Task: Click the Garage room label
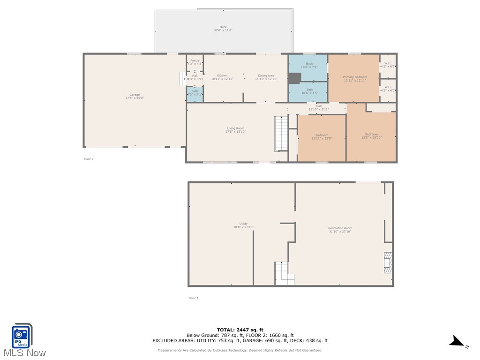coord(135,97)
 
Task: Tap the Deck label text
coord(223,29)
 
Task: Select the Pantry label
coord(195,62)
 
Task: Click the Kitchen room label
coord(222,77)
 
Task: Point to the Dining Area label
coord(266,77)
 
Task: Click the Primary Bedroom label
coord(355,78)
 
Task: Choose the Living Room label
coord(235,130)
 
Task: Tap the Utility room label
coord(243,225)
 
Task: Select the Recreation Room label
coord(340,230)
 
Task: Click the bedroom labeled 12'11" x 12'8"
coord(322,136)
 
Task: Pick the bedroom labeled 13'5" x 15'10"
coord(371,136)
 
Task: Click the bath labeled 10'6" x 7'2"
coord(309,65)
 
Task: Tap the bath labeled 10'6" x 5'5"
coord(310,91)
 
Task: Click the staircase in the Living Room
coord(280,134)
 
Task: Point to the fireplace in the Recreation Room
coord(388,262)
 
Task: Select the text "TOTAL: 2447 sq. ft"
coord(240,330)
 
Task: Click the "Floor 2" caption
coord(89,159)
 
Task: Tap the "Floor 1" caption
coord(193,298)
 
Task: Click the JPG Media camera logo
coord(21,336)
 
